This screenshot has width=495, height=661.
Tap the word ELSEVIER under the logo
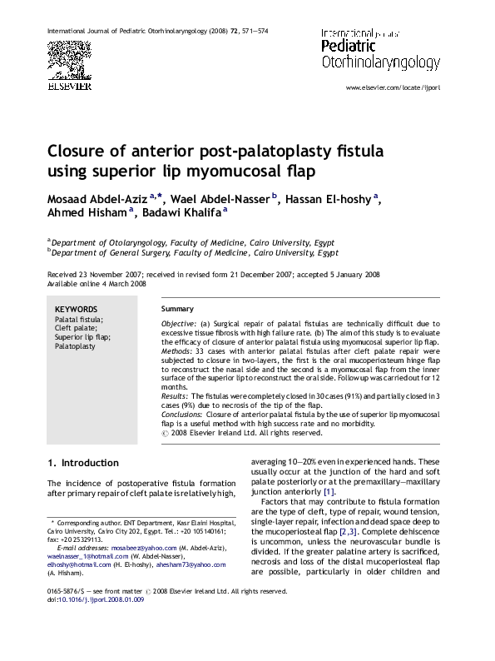68,83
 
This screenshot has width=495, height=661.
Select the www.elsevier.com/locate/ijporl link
394,87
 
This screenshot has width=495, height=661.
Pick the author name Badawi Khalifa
181,214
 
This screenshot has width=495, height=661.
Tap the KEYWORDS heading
76,309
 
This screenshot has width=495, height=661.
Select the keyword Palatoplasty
75,346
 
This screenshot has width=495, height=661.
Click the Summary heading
177,309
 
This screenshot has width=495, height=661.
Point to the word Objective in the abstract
178,322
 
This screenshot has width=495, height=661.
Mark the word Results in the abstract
174,396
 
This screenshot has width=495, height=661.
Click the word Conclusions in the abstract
181,414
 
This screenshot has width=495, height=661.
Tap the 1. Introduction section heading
83,463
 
